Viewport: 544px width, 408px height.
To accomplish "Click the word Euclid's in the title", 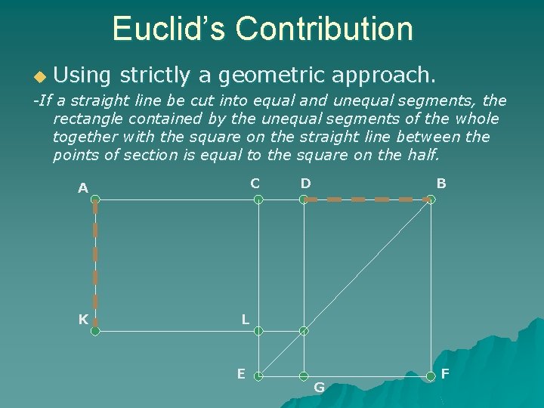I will tap(168, 29).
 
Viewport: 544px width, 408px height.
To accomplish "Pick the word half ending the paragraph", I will tap(420, 155).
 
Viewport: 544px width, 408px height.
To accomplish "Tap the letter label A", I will tap(83, 187).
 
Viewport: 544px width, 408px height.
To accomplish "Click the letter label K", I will tap(83, 319).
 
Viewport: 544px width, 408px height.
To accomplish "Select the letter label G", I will tap(319, 388).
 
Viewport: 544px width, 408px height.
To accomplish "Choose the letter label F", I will tap(445, 373).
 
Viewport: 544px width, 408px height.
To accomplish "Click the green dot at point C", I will tap(258, 199).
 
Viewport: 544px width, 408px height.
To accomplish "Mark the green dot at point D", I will tap(304, 199).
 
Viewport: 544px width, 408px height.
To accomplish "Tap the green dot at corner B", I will tap(430, 199).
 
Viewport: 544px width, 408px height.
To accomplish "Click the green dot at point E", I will tap(258, 376).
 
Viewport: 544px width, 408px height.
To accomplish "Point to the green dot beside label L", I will tap(258, 330).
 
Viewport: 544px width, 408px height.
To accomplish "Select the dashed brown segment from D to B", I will tap(366, 199).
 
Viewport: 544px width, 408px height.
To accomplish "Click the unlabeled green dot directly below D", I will tap(304, 330).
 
